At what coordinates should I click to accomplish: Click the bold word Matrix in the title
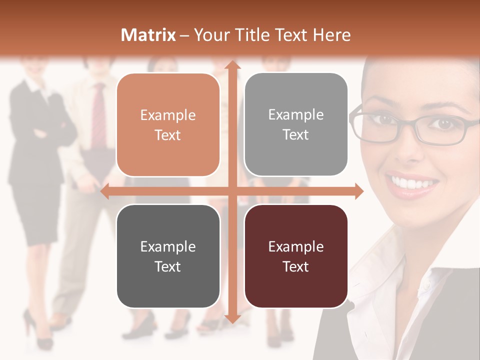pos(148,35)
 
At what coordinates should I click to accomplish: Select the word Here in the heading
pos(332,35)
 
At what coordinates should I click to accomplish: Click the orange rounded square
pos(168,125)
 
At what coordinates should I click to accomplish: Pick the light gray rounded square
pos(296,124)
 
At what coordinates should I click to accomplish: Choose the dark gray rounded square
pos(168,256)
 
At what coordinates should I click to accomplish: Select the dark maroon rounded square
pos(296,256)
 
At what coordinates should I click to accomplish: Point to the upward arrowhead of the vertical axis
pos(232,65)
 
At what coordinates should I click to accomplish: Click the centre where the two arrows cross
pos(232,191)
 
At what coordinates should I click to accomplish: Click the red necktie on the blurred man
pos(99,115)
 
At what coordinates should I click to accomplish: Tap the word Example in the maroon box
pos(296,246)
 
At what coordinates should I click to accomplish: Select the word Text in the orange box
pos(168,135)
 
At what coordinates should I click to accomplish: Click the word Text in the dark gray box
pos(168,266)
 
